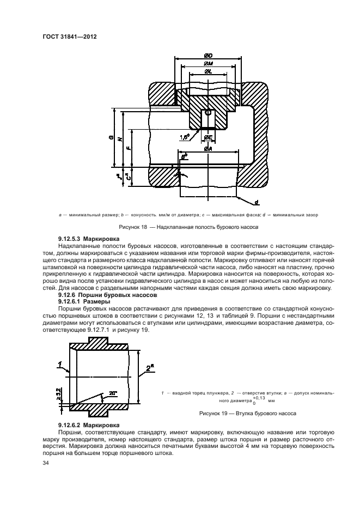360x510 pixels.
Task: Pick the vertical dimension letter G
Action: tap(111, 138)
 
